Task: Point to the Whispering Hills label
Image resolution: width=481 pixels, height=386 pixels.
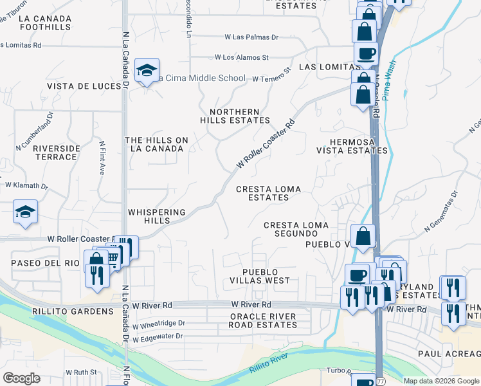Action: pyautogui.click(x=157, y=216)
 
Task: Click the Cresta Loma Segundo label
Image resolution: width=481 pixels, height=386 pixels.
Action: pyautogui.click(x=296, y=229)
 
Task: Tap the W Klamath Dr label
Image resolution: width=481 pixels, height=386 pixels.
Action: pyautogui.click(x=26, y=185)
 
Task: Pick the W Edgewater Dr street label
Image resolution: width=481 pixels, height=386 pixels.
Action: pyautogui.click(x=158, y=336)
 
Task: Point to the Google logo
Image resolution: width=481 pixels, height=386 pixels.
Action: pyautogui.click(x=21, y=378)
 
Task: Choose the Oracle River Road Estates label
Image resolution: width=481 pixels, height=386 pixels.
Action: pyautogui.click(x=263, y=320)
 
